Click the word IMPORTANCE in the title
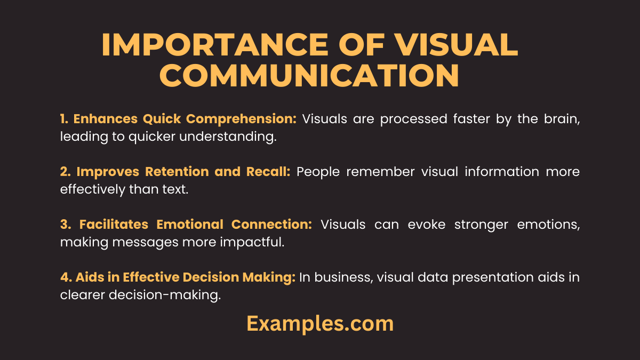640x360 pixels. click(x=215, y=45)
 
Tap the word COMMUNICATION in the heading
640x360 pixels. click(x=309, y=75)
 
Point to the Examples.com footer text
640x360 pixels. click(x=320, y=324)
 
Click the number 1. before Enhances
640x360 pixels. click(x=64, y=119)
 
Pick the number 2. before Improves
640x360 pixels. click(x=66, y=172)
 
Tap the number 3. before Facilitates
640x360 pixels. click(x=66, y=225)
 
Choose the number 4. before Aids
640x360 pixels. click(x=66, y=277)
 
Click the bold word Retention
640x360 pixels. click(x=177, y=172)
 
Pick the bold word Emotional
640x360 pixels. click(x=190, y=225)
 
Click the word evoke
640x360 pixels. click(x=426, y=225)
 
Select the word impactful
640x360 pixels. click(x=252, y=243)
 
